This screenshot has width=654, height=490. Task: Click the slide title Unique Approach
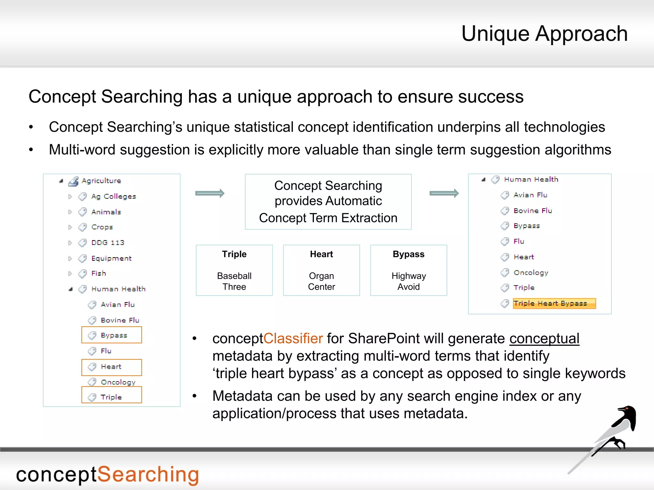[544, 34]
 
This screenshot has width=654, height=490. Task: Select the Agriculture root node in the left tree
[101, 181]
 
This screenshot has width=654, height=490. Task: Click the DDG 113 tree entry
[108, 243]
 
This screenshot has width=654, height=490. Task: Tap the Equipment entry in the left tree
[111, 258]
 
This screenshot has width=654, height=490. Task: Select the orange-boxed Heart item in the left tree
[111, 367]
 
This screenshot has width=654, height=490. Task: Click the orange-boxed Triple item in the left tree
[111, 397]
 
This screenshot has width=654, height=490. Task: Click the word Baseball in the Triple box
[234, 276]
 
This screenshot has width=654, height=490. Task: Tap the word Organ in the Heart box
[321, 276]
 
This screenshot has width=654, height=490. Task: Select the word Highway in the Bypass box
[408, 276]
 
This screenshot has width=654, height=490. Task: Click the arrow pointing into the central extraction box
[210, 193]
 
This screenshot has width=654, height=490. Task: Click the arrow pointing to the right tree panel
[444, 193]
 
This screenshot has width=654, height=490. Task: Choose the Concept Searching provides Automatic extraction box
[328, 202]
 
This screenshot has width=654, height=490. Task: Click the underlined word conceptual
[544, 339]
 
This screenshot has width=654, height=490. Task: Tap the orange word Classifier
[293, 339]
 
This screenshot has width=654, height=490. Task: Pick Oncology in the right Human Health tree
[530, 273]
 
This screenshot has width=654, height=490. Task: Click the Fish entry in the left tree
[98, 274]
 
